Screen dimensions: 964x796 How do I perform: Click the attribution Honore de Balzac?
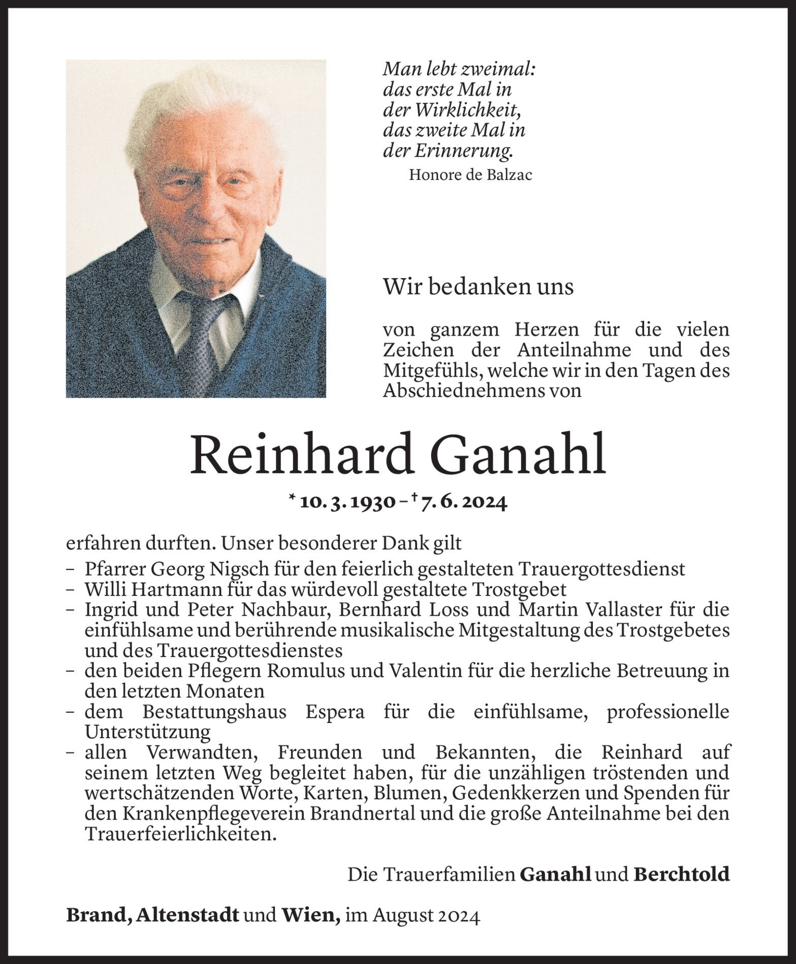(x=470, y=175)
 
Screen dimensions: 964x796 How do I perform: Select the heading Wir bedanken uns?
(x=478, y=287)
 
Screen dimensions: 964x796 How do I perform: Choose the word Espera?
(x=335, y=712)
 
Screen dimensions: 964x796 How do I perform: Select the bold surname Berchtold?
(x=681, y=875)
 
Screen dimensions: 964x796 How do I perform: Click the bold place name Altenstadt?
(x=188, y=916)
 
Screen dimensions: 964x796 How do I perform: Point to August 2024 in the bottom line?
(x=426, y=916)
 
